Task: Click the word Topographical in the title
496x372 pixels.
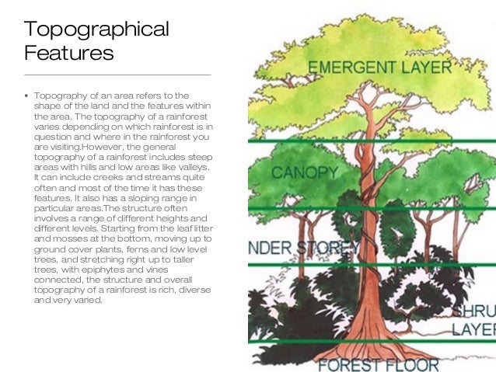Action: pos(96,30)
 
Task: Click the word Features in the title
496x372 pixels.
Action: pos(69,54)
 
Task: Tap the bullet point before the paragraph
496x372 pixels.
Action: pos(27,96)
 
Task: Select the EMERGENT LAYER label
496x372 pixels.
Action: pos(379,67)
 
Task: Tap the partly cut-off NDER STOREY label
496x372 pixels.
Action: pos(300,249)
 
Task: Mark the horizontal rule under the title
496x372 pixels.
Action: pos(117,75)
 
